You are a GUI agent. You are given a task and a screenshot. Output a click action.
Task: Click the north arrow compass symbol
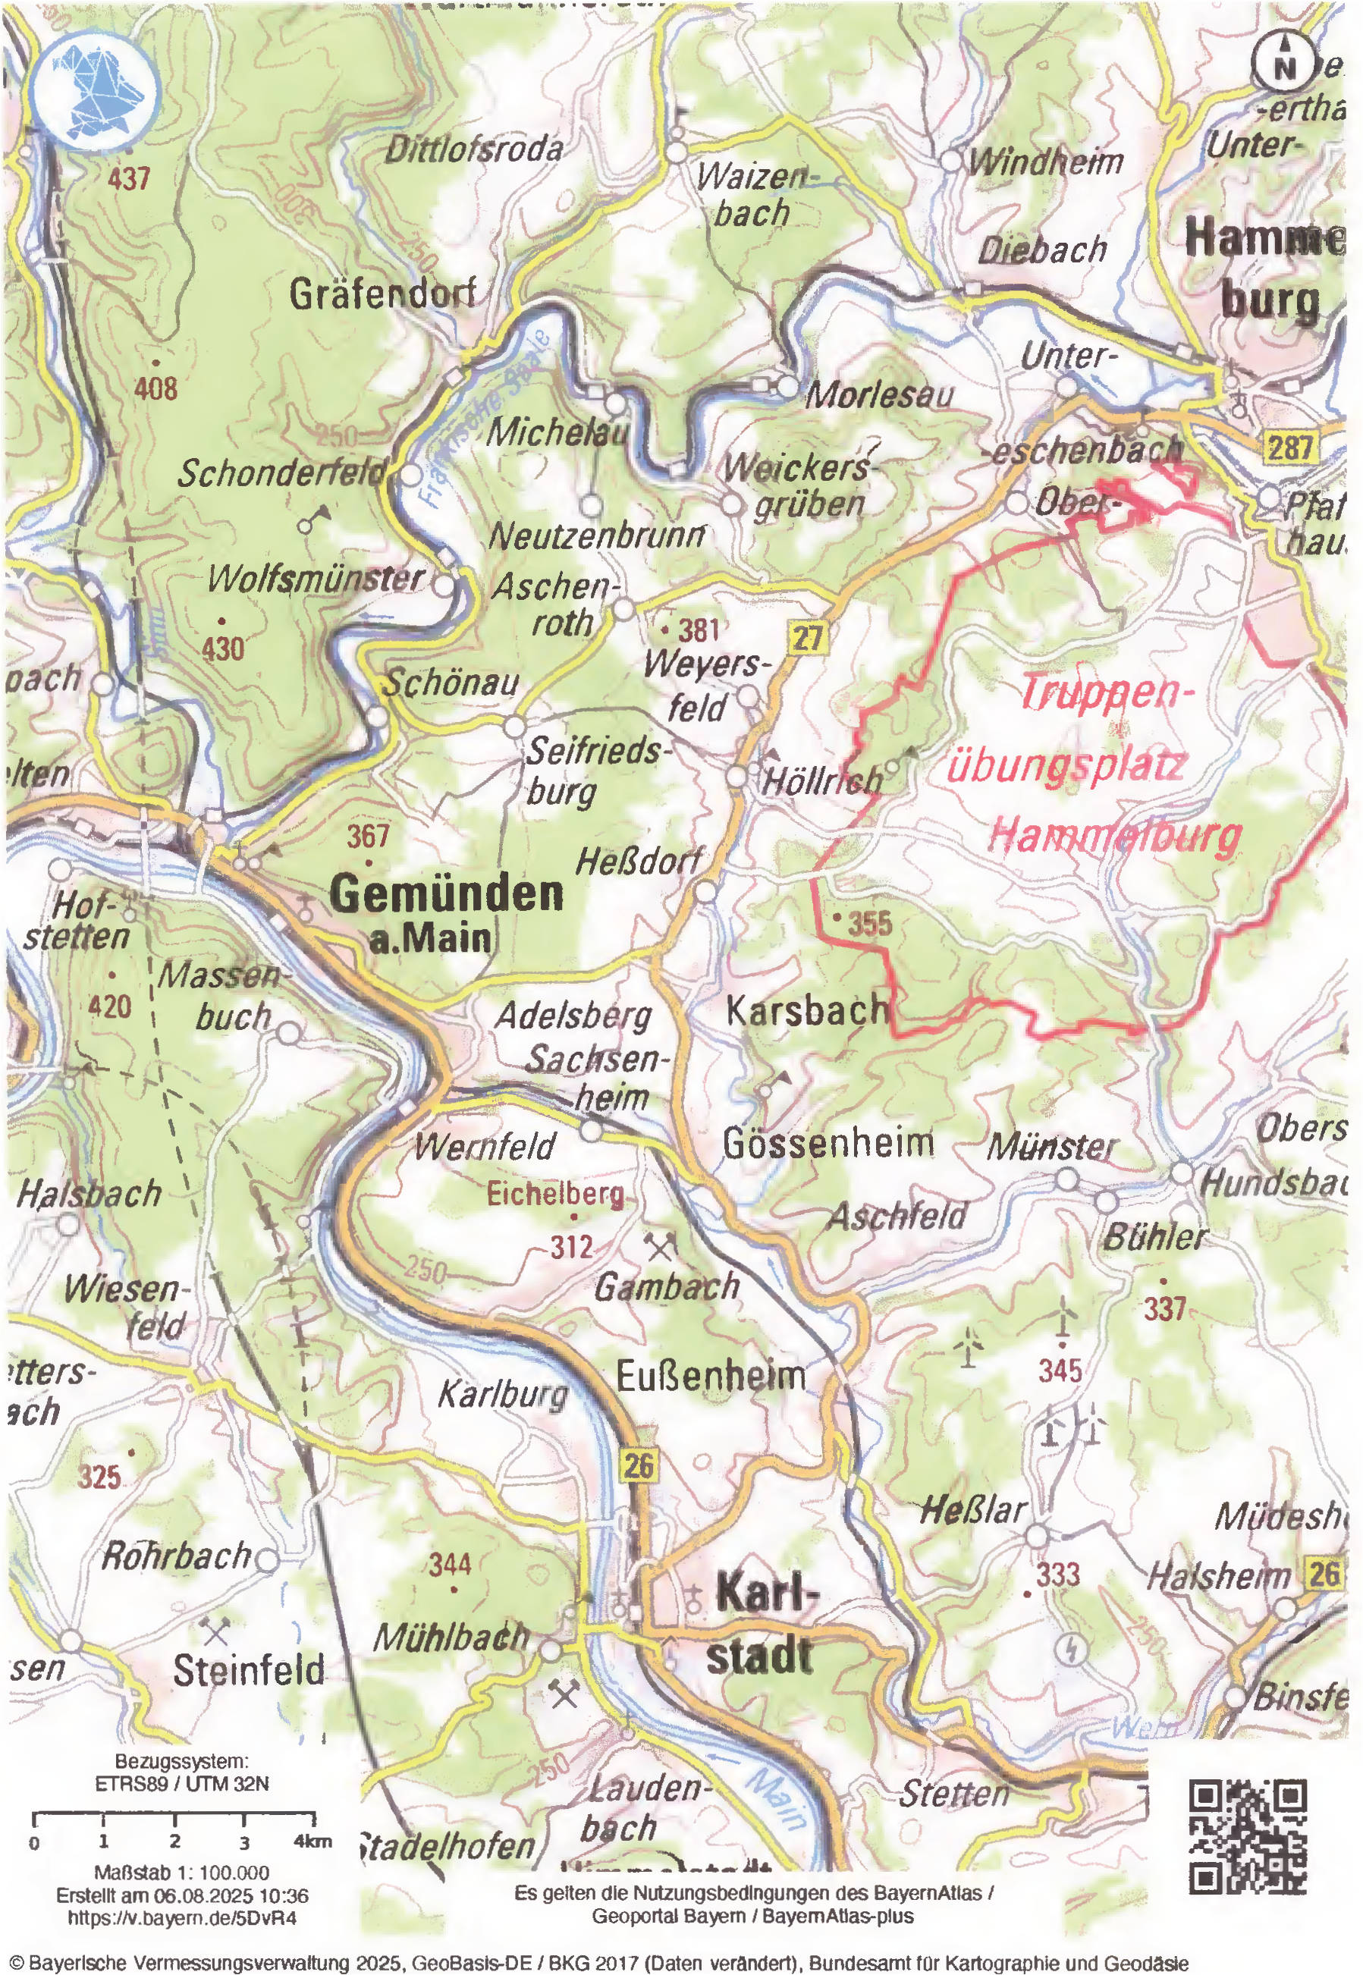1283,61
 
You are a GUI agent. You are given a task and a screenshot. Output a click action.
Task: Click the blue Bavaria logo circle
96,89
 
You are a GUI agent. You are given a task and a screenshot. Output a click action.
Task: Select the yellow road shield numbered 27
806,637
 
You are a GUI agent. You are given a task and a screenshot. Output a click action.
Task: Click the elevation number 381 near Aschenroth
699,630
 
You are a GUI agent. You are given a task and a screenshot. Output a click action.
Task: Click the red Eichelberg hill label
555,1194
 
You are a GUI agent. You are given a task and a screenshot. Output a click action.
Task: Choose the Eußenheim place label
711,1376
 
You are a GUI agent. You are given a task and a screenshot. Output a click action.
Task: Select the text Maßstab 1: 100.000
181,1873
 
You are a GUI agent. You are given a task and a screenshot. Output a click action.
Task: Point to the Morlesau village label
880,394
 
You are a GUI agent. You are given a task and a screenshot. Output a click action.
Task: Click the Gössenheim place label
828,1142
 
